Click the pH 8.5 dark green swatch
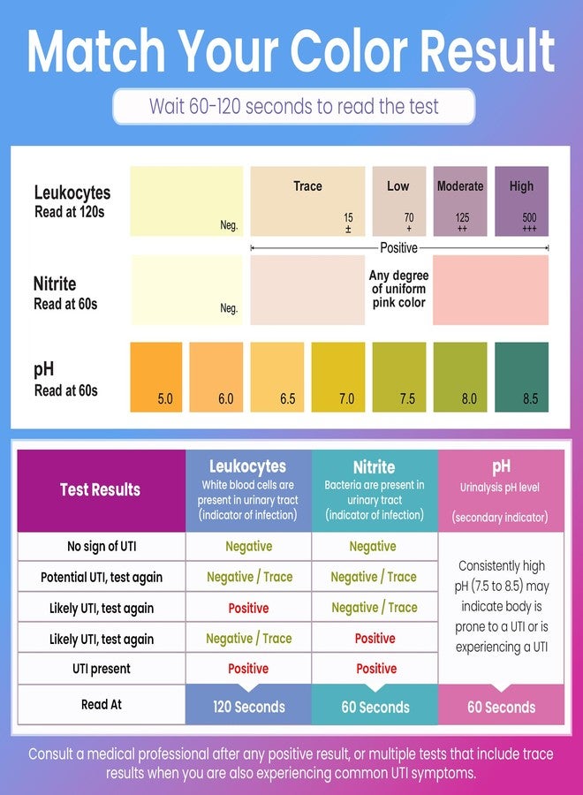tap(521, 376)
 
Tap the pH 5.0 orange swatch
tap(156, 376)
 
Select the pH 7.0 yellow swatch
tap(338, 376)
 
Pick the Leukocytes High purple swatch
tap(521, 201)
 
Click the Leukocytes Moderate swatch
tap(460, 201)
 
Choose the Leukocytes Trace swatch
tap(307, 201)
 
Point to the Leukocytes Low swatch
tap(399, 201)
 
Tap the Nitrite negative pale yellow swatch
tap(186, 290)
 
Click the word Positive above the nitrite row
tap(399, 248)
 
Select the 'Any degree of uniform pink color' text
tap(399, 289)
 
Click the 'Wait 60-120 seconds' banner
tap(293, 107)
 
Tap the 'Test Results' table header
tap(101, 489)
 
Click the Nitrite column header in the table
tap(375, 490)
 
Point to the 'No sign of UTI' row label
tap(102, 547)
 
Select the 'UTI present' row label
tap(102, 669)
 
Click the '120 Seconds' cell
tap(249, 707)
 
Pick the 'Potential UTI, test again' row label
tap(102, 578)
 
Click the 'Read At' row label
tap(102, 704)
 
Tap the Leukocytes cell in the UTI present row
tap(248, 669)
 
